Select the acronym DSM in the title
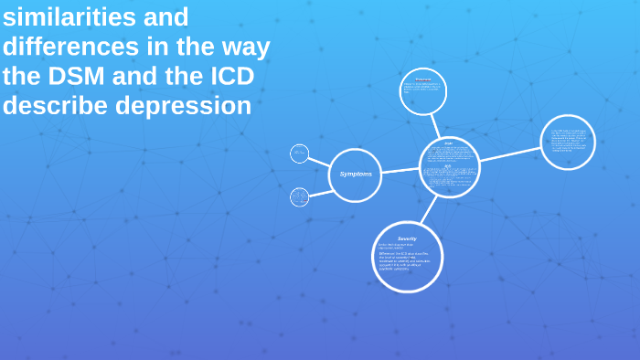pyautogui.click(x=80, y=76)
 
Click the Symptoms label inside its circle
pyautogui.click(x=356, y=174)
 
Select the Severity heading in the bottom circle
pyautogui.click(x=407, y=238)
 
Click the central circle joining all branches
pyautogui.click(x=449, y=167)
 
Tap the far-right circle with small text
pyautogui.click(x=568, y=142)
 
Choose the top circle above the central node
pyautogui.click(x=423, y=91)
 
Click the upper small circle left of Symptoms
pyautogui.click(x=299, y=154)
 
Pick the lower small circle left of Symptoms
pyautogui.click(x=299, y=196)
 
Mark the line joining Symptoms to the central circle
pyautogui.click(x=400, y=171)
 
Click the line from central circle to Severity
pyautogui.click(x=427, y=210)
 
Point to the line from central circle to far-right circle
pyautogui.click(x=509, y=154)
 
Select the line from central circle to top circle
pyautogui.click(x=436, y=126)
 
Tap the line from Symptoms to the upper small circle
pyautogui.click(x=318, y=161)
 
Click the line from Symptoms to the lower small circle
pyautogui.click(x=319, y=192)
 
